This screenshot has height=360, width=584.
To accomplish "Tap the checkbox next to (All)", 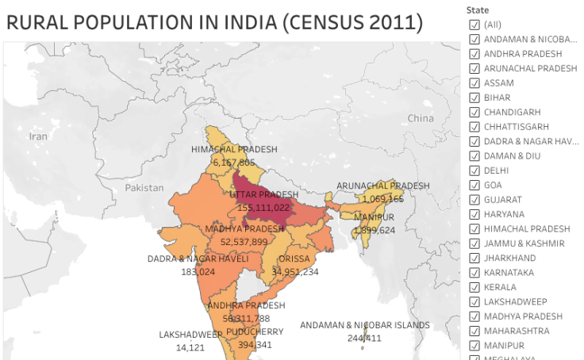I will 474,25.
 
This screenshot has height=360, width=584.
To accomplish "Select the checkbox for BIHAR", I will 474,98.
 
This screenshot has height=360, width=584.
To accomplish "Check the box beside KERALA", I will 474,287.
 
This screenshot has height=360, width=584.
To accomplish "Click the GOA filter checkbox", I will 474,185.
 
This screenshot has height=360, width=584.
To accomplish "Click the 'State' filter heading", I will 478,10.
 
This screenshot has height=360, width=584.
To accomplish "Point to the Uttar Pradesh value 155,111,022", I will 267,208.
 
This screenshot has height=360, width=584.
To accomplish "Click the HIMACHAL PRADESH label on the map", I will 234,149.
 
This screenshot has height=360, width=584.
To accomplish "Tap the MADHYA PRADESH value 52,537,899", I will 244,242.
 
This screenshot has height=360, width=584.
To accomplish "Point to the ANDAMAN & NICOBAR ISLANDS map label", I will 364,325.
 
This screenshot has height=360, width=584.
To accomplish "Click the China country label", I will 421,119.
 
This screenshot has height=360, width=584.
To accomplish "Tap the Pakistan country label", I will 144,188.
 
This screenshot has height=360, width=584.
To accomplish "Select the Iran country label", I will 38,136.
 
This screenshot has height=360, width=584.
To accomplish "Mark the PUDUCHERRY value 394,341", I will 255,345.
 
